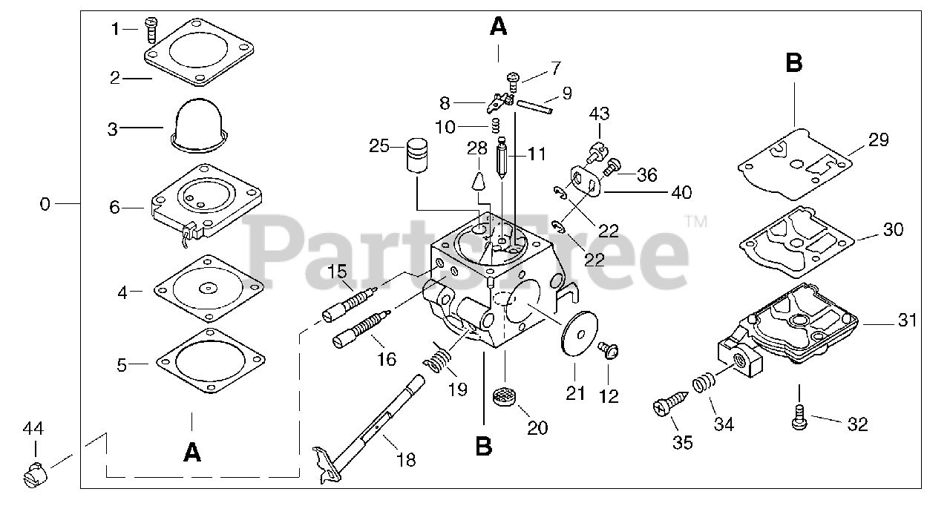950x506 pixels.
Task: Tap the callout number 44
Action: [x=33, y=428]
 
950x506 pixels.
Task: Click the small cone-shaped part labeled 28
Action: [x=477, y=179]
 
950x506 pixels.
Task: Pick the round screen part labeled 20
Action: [x=505, y=395]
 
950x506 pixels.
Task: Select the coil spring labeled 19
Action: [x=440, y=362]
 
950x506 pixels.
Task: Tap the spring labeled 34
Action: [x=703, y=385]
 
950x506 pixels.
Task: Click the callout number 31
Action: [x=907, y=321]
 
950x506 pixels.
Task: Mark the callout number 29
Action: [x=878, y=140]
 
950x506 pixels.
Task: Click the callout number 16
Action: [x=386, y=360]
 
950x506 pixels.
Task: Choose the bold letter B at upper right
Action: [x=793, y=64]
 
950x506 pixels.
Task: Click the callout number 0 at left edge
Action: [x=45, y=203]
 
